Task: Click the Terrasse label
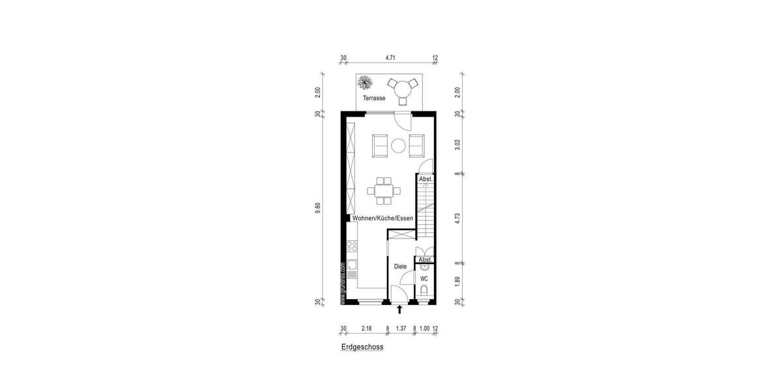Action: pos(374,98)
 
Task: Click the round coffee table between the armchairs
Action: pos(398,145)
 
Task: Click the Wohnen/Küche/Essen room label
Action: pos(383,219)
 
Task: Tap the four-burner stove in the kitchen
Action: pos(352,246)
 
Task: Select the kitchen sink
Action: pos(352,265)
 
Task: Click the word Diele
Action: pos(400,266)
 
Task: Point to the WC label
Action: pos(424,278)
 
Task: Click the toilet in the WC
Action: pos(424,291)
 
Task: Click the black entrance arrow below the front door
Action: pos(399,310)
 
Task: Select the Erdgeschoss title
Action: pos(362,347)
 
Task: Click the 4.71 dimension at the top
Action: pos(390,58)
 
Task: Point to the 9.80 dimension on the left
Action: pos(318,209)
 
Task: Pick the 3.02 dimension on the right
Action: pos(457,144)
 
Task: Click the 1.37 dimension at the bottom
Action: pos(400,329)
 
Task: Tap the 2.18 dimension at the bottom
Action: pos(366,329)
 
